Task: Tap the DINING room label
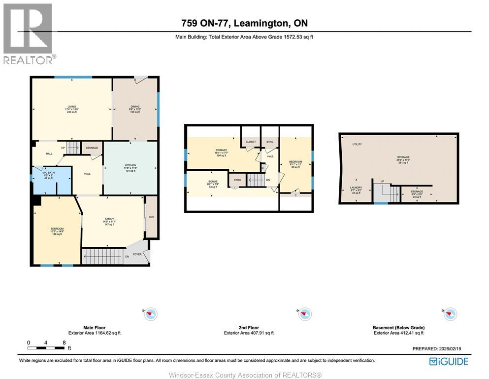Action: point(135,107)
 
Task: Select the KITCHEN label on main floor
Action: point(130,165)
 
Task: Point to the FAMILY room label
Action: point(109,219)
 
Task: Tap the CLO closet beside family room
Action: point(152,216)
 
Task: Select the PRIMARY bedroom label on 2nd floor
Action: point(221,150)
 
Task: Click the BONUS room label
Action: point(213,182)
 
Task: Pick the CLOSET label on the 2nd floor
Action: point(251,142)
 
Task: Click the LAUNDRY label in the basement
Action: point(356,188)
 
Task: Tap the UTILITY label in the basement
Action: point(357,144)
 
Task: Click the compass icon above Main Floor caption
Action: point(151,313)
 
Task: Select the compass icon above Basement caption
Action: point(450,313)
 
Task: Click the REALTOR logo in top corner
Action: point(28,34)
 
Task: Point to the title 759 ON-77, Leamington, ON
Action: point(244,23)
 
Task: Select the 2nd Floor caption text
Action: point(249,327)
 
